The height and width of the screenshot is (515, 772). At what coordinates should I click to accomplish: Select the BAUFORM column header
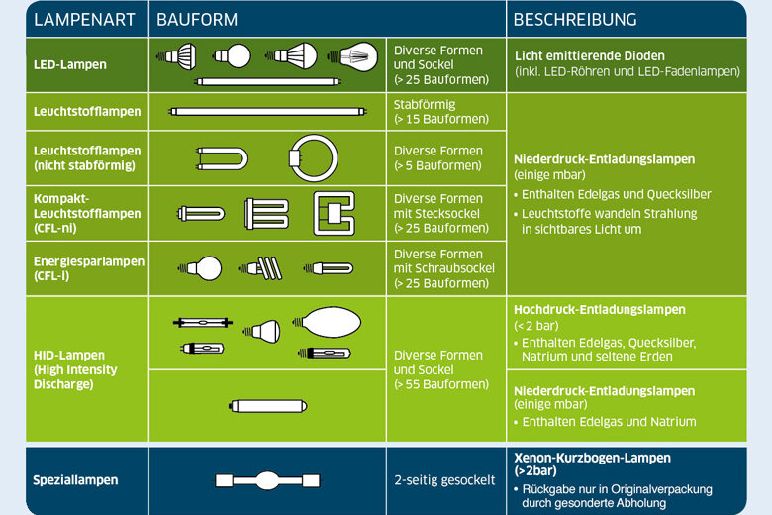pyautogui.click(x=197, y=20)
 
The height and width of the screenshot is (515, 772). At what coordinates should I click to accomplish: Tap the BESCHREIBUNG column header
pyautogui.click(x=574, y=20)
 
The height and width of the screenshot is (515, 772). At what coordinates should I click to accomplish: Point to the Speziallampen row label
pyautogui.click(x=75, y=479)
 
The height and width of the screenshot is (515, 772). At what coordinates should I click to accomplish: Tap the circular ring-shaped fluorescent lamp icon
pyautogui.click(x=307, y=156)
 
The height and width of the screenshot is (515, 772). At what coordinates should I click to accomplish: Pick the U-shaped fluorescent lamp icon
pyautogui.click(x=218, y=157)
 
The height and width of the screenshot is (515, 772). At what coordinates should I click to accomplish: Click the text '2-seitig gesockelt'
pyautogui.click(x=443, y=480)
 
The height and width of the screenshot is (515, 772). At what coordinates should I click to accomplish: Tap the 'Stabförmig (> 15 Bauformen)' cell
pyautogui.click(x=440, y=111)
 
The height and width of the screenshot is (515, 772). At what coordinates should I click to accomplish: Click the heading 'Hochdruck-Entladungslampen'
pyautogui.click(x=599, y=309)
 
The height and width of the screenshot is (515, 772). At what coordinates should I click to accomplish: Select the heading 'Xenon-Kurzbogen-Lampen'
pyautogui.click(x=592, y=458)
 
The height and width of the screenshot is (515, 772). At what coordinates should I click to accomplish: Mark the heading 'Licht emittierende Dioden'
pyautogui.click(x=589, y=56)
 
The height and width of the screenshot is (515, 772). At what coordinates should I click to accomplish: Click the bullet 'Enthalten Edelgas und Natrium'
pyautogui.click(x=611, y=422)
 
